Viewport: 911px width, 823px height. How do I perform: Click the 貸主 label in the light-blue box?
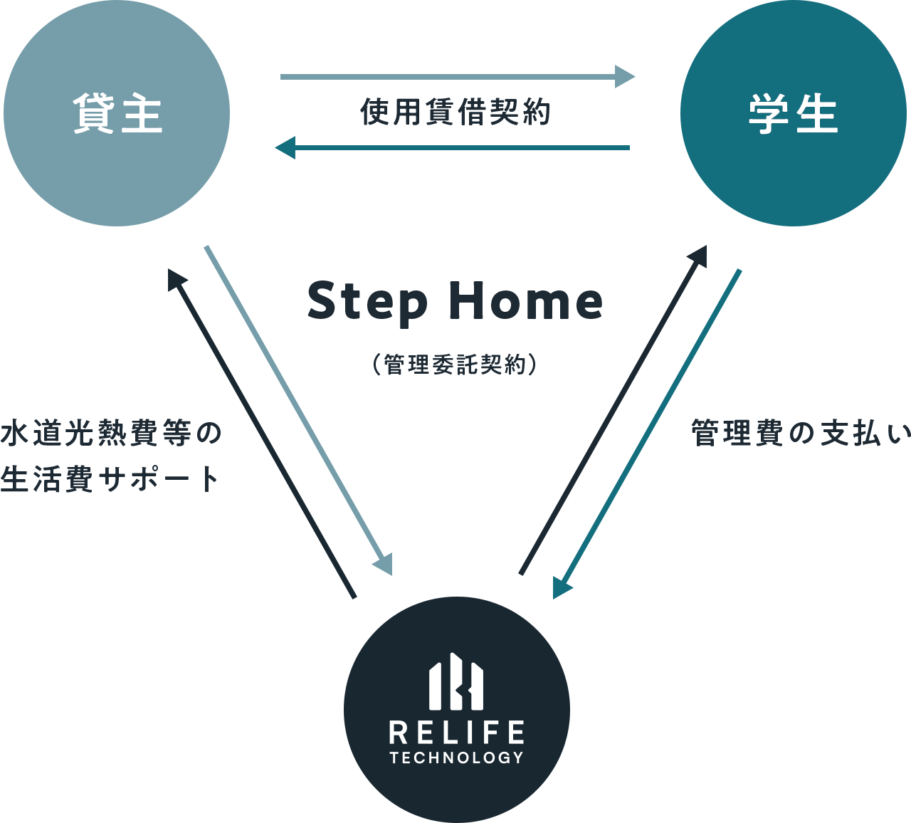117,114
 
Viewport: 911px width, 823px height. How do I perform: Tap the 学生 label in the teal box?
793,114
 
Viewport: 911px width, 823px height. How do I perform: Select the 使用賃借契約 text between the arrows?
455,112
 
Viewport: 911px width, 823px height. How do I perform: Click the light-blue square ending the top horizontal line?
625,76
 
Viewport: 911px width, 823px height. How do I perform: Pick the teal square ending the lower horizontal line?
285,147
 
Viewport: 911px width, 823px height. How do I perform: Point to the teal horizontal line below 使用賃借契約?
463,147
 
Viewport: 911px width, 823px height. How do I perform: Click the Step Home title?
455,302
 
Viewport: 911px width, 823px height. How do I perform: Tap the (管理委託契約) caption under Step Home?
455,365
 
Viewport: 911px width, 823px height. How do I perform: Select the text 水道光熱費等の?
111,434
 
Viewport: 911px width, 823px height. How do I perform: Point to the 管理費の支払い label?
801,434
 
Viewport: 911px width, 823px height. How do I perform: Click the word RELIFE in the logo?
456,733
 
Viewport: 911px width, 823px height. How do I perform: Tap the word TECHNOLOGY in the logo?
456,758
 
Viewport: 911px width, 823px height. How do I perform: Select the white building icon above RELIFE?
456,682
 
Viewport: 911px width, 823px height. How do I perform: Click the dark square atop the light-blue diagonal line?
179,279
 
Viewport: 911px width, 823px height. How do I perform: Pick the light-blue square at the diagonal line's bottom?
381,564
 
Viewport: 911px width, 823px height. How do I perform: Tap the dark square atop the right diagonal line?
696,256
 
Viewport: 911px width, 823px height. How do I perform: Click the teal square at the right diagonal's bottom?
563,589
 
